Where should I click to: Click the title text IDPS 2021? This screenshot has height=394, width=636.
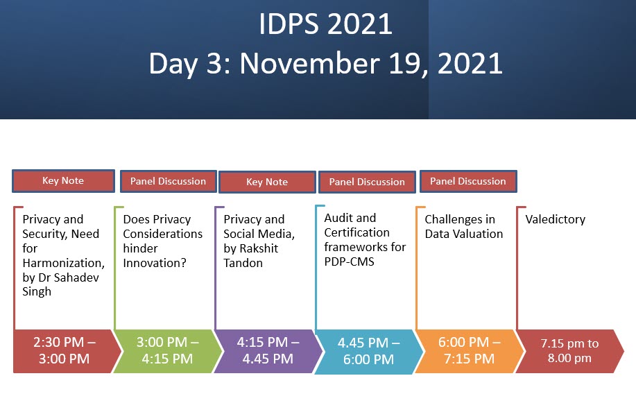[x=325, y=24]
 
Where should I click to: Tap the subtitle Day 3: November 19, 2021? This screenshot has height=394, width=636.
[x=326, y=64]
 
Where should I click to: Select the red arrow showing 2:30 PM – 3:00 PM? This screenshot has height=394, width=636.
[x=67, y=351]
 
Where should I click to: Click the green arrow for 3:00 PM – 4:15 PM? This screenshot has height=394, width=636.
[x=168, y=351]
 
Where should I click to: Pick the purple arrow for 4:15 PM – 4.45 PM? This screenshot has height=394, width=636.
[x=268, y=351]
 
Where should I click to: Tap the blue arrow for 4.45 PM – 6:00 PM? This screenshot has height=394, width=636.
[x=369, y=352]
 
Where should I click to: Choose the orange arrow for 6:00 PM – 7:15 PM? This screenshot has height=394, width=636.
[x=470, y=351]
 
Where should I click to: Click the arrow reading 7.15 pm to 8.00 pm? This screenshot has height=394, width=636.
[x=569, y=351]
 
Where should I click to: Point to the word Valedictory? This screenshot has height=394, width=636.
[x=556, y=219]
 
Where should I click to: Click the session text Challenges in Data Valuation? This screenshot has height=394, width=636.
[x=463, y=226]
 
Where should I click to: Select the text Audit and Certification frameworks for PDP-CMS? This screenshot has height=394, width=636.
[x=365, y=240]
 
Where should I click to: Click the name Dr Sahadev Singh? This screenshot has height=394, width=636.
[x=61, y=284]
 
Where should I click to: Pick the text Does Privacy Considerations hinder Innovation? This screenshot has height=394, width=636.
[x=163, y=241]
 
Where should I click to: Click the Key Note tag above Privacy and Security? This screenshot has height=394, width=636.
[x=63, y=181]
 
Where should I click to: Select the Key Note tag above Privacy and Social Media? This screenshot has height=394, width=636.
[x=267, y=182]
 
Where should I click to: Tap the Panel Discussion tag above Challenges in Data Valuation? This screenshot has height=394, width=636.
[x=468, y=181]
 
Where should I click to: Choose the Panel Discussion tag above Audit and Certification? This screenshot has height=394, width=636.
[x=367, y=182]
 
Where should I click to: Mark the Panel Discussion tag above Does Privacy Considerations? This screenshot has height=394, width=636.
[x=169, y=181]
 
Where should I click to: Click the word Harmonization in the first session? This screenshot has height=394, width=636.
[x=64, y=264]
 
